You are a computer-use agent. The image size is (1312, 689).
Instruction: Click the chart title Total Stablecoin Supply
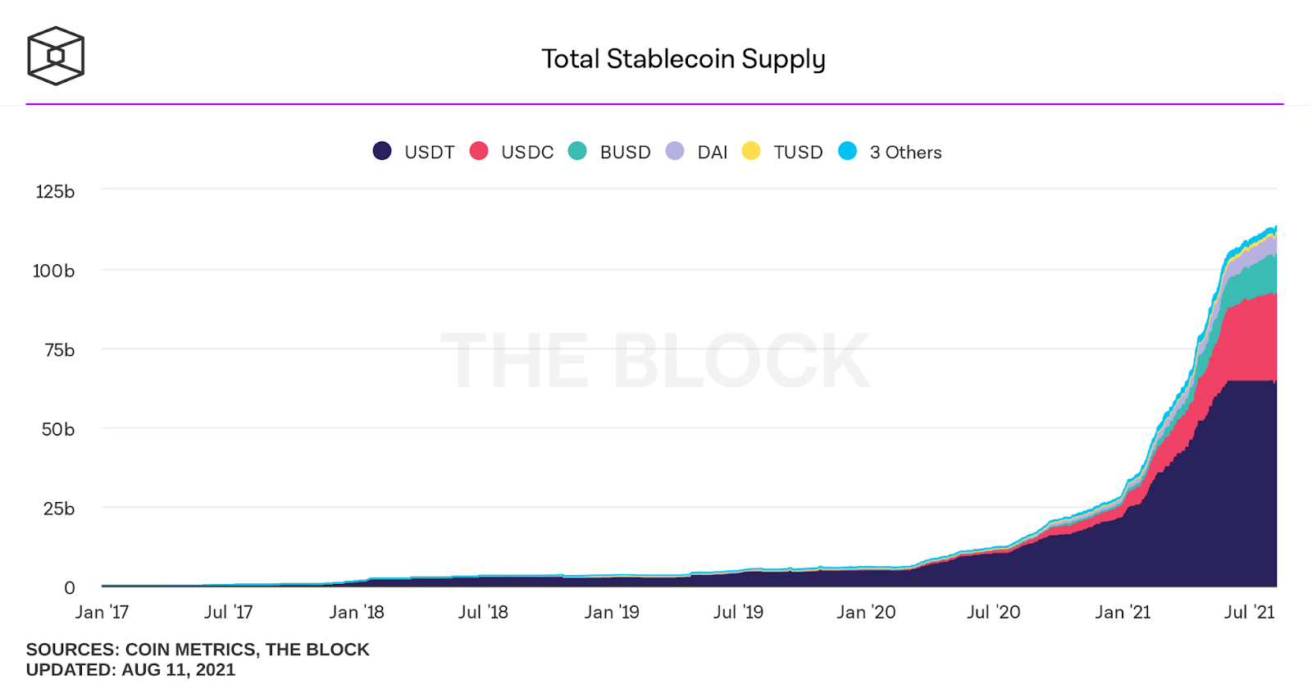click(683, 59)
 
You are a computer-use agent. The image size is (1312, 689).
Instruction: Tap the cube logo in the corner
click(56, 56)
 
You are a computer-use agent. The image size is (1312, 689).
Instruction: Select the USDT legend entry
click(414, 152)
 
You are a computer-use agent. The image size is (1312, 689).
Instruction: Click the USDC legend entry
click(512, 152)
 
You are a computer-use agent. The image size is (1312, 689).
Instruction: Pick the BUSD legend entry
click(610, 152)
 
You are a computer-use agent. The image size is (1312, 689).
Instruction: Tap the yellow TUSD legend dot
click(751, 151)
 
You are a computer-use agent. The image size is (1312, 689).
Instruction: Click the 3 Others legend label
click(905, 152)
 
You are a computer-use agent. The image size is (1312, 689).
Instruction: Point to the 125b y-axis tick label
click(55, 192)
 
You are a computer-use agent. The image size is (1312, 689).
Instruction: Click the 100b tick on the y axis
click(53, 271)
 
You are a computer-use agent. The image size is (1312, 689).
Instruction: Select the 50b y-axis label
click(58, 429)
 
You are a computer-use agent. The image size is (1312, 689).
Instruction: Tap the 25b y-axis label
click(59, 509)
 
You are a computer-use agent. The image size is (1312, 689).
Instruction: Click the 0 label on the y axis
click(70, 587)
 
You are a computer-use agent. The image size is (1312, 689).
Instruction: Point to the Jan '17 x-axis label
click(102, 612)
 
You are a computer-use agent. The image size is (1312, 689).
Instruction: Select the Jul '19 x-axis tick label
click(738, 612)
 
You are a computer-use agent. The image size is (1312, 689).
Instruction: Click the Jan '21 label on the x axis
click(1123, 612)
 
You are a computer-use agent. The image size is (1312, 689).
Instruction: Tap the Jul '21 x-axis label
click(1249, 612)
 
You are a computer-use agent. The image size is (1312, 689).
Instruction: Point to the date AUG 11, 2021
click(178, 669)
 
